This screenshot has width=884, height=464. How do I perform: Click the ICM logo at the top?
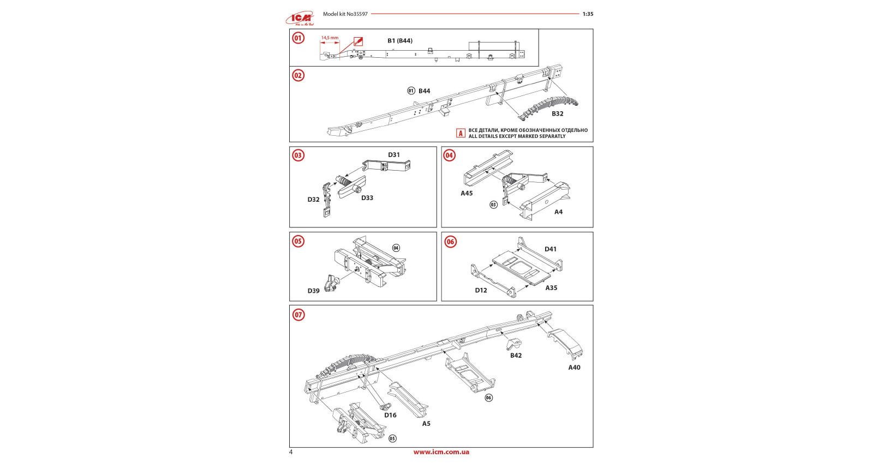300,19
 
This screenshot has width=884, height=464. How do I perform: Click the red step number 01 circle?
298,38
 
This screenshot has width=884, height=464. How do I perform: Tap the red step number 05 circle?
298,242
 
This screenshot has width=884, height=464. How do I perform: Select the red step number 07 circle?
298,315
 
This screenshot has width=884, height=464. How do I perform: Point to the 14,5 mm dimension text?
330,38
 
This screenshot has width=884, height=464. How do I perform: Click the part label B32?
557,114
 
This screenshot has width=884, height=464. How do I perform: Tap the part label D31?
394,155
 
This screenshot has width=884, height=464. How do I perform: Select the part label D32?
313,200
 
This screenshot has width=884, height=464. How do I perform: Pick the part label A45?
467,194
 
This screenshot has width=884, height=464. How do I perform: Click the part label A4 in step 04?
558,212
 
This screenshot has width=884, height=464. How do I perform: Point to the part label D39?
313,291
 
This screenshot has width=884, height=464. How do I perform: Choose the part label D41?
551,249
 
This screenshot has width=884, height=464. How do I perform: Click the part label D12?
481,291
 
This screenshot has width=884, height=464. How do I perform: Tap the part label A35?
551,288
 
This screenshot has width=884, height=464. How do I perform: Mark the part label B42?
516,355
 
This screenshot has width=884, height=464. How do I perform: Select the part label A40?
574,367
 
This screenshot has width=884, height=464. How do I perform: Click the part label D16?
390,415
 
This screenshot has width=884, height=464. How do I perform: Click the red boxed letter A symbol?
461,133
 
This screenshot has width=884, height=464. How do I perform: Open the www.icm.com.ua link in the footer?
441,452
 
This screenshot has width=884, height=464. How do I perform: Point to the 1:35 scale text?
588,14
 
